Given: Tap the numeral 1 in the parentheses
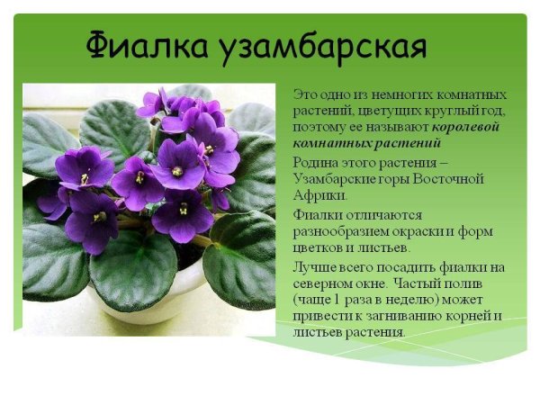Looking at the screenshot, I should coord(352,299).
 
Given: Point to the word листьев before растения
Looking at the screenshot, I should coord(316,331).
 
